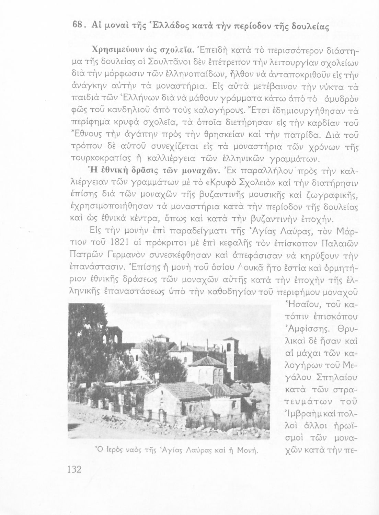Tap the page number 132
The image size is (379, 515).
pos(73,469)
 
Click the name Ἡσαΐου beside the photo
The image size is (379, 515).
pos(301,305)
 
